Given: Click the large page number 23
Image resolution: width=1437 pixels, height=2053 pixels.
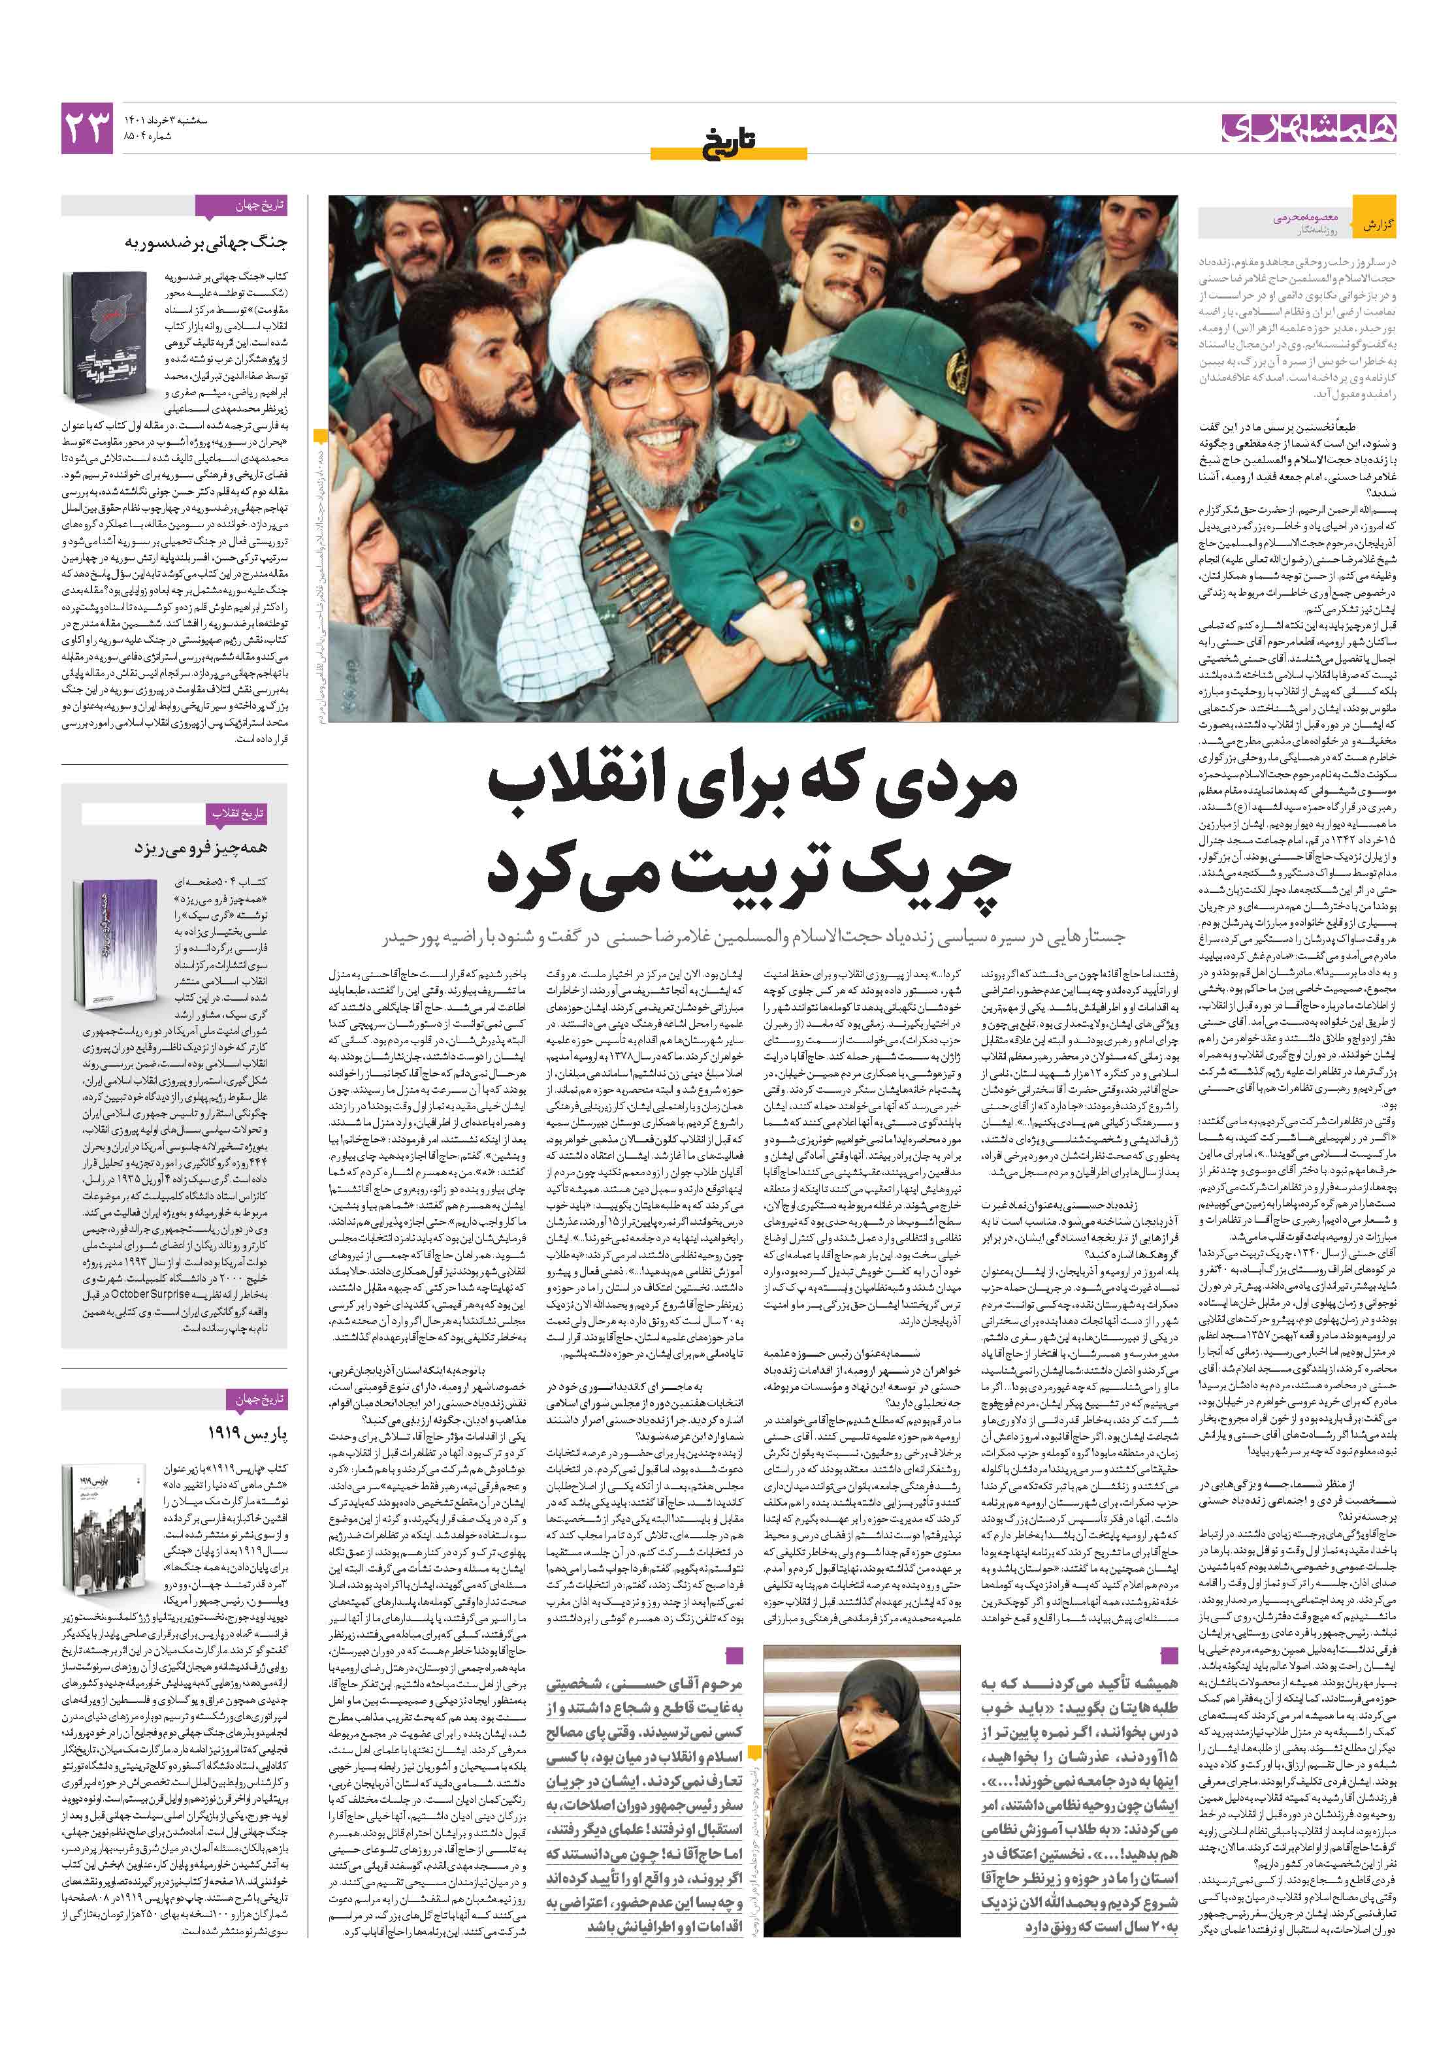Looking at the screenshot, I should click(88, 128).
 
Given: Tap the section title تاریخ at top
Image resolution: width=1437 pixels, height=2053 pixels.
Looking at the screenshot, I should click(729, 138).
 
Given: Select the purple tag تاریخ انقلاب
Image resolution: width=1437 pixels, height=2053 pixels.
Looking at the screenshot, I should click(237, 814).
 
